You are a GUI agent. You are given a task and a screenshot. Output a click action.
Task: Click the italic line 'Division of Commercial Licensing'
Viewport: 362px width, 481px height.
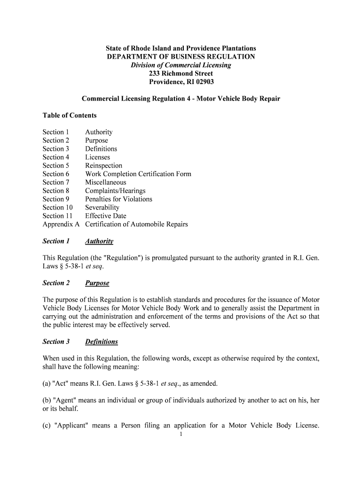pos(181,65)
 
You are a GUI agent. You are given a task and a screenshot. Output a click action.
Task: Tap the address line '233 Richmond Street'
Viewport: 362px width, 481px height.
pos(181,74)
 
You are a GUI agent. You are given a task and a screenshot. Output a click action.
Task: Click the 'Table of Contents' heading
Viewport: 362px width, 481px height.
pos(70,116)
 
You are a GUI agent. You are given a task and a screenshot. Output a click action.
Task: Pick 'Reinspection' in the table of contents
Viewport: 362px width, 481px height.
pos(103,166)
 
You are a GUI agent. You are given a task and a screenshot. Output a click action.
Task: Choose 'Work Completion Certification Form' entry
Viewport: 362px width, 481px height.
pos(138,174)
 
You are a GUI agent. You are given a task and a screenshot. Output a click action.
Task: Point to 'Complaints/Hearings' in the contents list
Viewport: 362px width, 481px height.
pos(115,191)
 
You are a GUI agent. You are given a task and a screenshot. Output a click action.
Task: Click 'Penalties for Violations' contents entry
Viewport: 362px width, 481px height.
pos(118,199)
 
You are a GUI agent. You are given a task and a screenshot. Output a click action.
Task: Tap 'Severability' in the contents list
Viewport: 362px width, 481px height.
pos(102,208)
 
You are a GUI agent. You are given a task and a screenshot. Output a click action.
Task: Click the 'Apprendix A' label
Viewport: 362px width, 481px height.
pos(61,225)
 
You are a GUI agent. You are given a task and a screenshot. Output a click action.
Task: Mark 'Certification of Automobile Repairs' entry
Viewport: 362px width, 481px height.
pos(136,225)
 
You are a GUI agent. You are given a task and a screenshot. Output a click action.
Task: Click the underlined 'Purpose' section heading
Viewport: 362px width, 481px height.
pos(97,283)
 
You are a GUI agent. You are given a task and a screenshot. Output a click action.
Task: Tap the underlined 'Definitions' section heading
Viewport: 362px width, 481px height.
pos(101,342)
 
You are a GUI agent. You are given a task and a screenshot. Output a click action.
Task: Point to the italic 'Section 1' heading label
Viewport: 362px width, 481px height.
pos(56,241)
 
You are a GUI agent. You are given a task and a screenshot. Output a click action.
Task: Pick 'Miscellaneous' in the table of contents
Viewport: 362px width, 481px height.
pos(105,183)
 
